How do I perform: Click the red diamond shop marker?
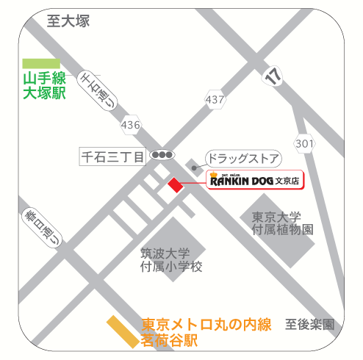click(175, 184)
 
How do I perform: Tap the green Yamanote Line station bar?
click(41, 64)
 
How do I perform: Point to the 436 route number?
click(131, 126)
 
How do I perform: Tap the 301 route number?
click(304, 142)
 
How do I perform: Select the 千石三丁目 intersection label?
click(112, 156)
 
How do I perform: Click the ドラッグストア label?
click(242, 157)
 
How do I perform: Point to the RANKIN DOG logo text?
click(241, 179)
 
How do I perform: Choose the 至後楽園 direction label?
click(309, 324)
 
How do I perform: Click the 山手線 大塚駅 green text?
click(44, 85)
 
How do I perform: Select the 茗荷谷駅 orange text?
click(170, 340)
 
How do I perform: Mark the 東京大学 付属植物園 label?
click(282, 223)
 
